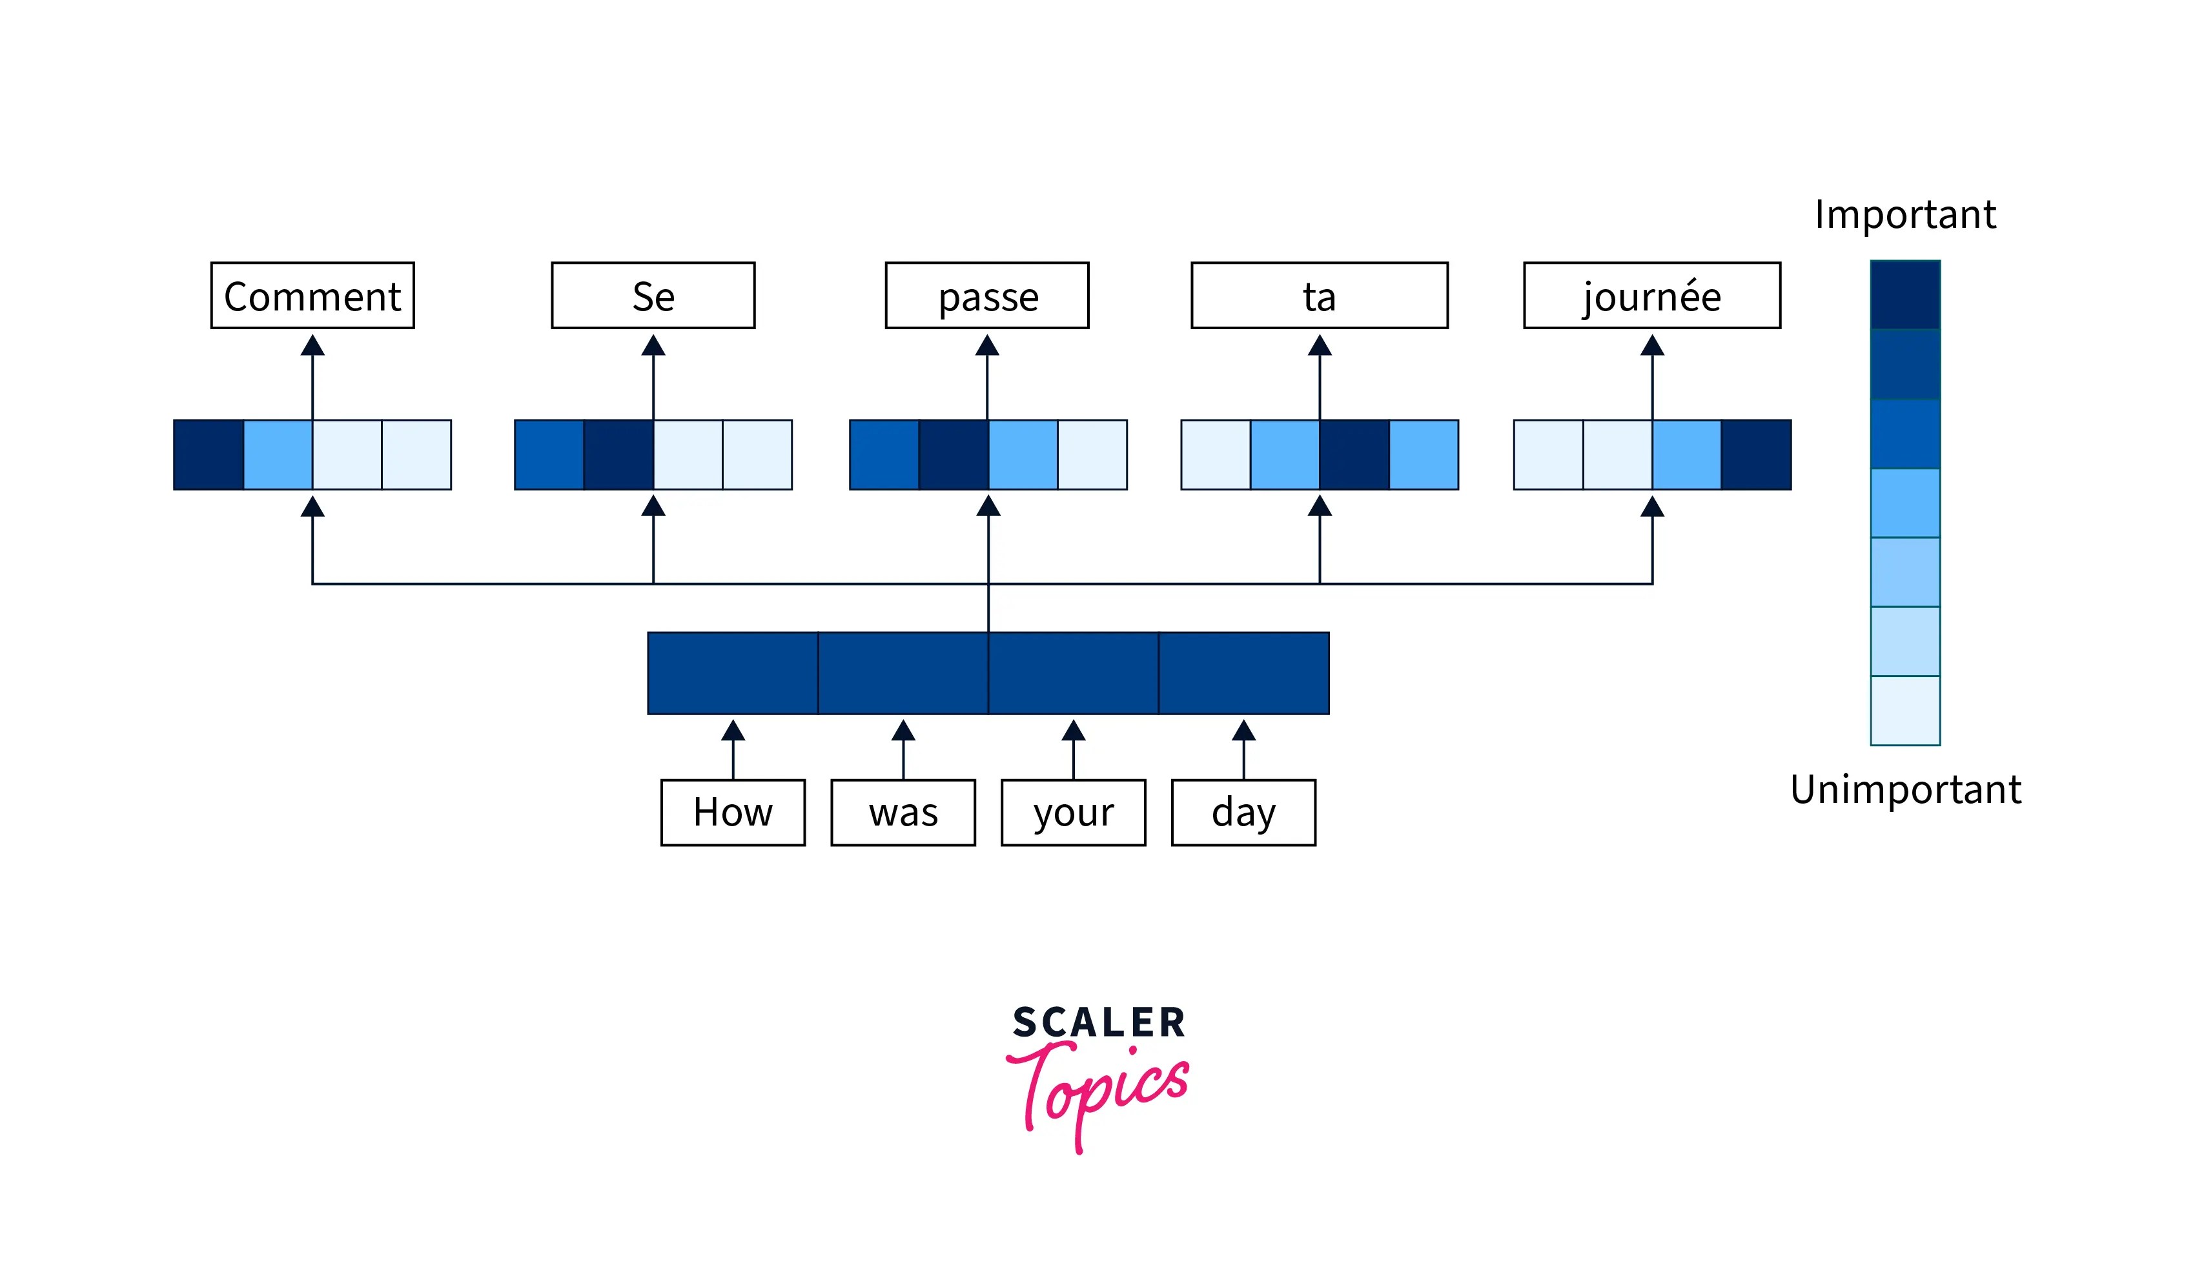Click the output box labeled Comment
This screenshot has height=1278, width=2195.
(312, 295)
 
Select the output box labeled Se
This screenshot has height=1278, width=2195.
(653, 295)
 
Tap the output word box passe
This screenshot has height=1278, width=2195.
(987, 295)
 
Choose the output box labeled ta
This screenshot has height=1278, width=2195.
(1319, 295)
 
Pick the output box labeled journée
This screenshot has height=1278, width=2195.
(1651, 295)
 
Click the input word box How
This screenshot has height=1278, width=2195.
(733, 811)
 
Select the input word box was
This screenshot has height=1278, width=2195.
(903, 811)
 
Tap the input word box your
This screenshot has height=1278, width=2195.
(1073, 811)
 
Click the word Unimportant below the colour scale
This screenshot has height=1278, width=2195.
(1905, 789)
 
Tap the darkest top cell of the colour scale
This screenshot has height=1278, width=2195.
(1905, 294)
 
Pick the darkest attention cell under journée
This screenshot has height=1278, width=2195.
(1755, 454)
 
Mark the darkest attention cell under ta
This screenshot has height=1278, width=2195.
(1354, 454)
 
